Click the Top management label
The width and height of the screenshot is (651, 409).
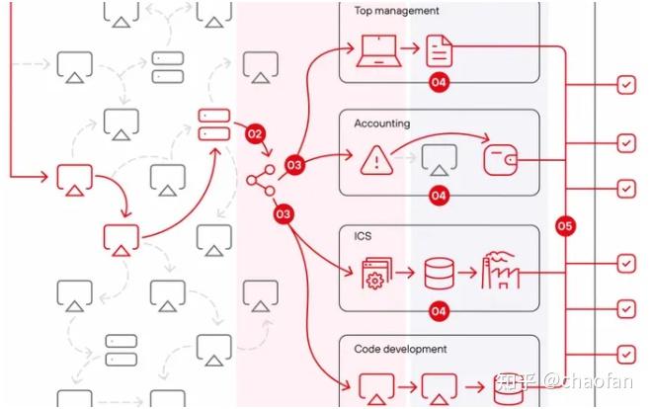(396, 12)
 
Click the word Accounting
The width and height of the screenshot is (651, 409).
(382, 123)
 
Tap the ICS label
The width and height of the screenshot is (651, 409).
(364, 237)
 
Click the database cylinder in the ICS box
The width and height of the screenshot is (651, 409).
(439, 273)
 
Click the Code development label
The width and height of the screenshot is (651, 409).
(400, 349)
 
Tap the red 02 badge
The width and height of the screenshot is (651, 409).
(256, 132)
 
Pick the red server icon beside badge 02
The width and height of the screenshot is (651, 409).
(213, 123)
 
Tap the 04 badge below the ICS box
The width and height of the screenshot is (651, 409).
(439, 311)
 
